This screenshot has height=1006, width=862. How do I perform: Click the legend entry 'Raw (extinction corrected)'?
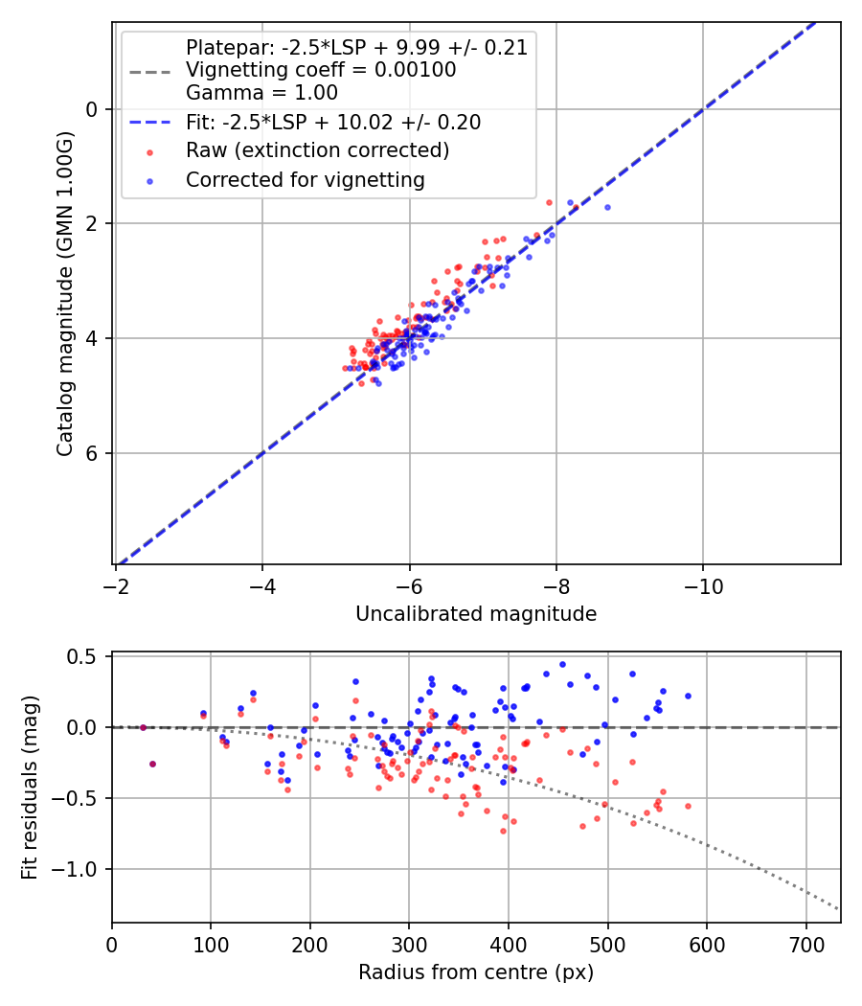tap(317, 150)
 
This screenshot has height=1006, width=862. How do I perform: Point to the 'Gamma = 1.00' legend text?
tap(261, 93)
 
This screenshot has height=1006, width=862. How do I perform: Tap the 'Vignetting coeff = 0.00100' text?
tap(321, 70)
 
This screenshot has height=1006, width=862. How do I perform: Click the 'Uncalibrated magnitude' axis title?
tap(476, 614)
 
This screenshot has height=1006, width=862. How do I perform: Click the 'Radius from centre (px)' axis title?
tap(476, 972)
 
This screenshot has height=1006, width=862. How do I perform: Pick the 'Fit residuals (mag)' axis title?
tap(29, 788)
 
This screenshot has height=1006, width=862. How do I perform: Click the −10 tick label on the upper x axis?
tap(703, 585)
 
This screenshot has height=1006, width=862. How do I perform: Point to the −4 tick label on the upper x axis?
tap(262, 585)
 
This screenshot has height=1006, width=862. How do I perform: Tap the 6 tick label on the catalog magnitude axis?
tap(93, 453)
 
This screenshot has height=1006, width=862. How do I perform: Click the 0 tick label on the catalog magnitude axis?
tap(93, 109)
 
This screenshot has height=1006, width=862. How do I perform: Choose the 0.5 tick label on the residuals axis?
tap(87, 656)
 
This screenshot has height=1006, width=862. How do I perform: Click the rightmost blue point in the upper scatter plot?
tap(607, 207)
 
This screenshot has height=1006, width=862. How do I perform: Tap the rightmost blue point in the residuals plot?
tap(688, 696)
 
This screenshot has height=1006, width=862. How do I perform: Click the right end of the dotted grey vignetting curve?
tap(839, 908)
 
